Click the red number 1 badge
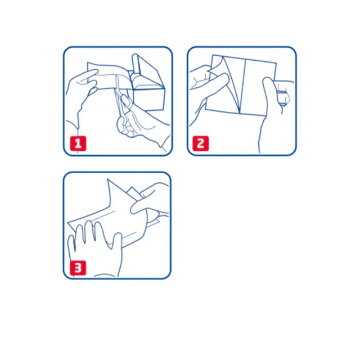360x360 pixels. click(x=78, y=143)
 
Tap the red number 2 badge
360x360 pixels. click(x=201, y=143)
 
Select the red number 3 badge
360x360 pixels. click(x=78, y=268)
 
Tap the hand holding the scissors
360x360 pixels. click(x=142, y=129)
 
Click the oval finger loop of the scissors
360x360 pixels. click(x=126, y=101)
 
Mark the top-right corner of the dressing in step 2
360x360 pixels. click(x=276, y=62)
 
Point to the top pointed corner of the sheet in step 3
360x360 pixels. click(x=108, y=179)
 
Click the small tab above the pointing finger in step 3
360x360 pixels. click(x=133, y=192)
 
